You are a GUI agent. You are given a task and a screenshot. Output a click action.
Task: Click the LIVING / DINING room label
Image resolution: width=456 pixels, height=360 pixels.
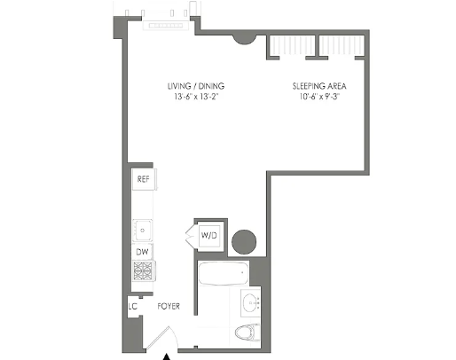click(196, 86)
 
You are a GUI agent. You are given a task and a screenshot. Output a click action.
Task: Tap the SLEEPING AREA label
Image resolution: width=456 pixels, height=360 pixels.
click(319, 86)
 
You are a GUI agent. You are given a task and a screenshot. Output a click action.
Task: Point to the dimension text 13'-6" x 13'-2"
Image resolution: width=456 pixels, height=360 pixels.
click(196, 97)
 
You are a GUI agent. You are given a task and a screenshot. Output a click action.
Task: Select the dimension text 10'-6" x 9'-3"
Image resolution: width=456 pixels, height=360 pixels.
click(319, 97)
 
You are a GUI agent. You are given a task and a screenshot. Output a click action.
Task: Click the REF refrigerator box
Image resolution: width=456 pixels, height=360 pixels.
click(144, 179)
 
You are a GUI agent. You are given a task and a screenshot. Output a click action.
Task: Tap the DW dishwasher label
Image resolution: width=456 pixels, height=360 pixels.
click(142, 252)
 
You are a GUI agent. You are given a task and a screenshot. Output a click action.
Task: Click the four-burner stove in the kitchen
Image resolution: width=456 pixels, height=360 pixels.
click(143, 270)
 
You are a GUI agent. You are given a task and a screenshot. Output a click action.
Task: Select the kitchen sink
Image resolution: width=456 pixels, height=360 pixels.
click(143, 230)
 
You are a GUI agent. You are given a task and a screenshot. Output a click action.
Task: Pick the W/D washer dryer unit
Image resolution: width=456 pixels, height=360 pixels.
click(209, 235)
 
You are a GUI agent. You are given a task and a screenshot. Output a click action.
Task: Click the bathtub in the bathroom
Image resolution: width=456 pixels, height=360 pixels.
click(224, 273)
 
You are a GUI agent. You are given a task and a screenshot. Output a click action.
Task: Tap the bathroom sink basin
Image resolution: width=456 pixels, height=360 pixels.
click(251, 303)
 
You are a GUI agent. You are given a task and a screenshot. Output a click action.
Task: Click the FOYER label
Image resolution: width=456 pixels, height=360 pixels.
click(169, 306)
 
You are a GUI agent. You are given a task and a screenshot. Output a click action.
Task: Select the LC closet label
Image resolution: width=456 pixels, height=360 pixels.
click(133, 307)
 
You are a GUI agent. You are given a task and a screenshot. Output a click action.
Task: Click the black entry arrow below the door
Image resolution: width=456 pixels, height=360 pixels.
click(167, 356)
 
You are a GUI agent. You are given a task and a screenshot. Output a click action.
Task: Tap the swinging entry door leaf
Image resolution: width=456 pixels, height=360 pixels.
click(158, 338)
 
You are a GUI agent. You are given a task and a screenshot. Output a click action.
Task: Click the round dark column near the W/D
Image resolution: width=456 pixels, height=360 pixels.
click(244, 242)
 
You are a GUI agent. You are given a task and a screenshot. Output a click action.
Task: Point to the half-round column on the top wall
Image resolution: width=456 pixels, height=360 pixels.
click(244, 39)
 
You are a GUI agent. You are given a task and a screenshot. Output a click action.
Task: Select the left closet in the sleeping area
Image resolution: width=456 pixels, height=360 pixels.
click(291, 45)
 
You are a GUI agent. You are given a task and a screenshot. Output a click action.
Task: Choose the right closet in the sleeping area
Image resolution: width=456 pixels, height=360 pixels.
click(342, 45)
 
